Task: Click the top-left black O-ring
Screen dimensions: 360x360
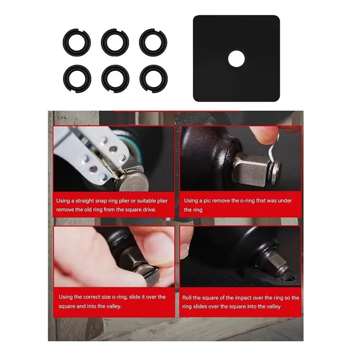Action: [x=76, y=41]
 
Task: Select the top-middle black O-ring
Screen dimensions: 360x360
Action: [x=115, y=41]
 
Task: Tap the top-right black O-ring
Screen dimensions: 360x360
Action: [x=153, y=41]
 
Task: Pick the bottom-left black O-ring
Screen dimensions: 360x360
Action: [x=76, y=77]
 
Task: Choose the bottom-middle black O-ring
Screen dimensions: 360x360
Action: [x=115, y=77]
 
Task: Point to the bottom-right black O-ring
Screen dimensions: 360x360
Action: [x=153, y=77]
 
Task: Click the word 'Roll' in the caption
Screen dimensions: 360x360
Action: [x=187, y=297]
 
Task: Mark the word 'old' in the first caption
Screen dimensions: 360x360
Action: [x=95, y=210]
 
